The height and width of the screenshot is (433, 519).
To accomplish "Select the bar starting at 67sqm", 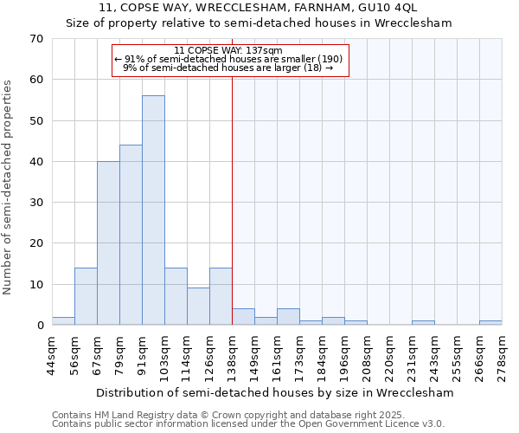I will [108, 243].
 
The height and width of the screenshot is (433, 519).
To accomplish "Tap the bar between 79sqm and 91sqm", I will [131, 235].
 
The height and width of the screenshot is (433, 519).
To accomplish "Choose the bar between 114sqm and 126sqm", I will [198, 307].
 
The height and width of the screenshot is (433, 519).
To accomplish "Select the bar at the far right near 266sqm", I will [490, 323].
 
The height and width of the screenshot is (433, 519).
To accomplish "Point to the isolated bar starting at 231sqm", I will [423, 323].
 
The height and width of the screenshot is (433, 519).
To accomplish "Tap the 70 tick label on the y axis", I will [36, 39].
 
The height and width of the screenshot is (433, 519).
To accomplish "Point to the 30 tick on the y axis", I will [36, 203].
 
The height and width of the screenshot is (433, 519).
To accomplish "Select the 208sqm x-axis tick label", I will [368, 356].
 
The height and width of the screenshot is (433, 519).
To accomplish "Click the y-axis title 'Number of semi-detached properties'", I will [9, 186].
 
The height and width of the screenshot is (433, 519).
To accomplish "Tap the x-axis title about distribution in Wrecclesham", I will [274, 392].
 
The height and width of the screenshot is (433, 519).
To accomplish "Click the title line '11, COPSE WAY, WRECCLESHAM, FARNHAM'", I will [259, 8].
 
